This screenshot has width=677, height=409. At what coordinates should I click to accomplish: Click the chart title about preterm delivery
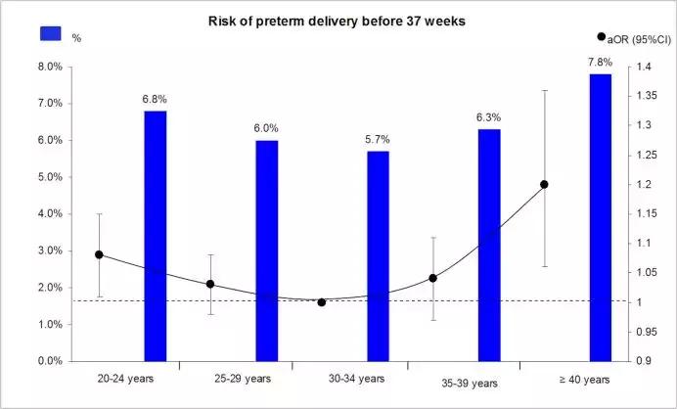(x=338, y=22)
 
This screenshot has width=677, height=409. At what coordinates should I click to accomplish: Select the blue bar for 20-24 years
(x=156, y=236)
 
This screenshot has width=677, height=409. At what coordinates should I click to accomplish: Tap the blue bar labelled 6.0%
(x=267, y=250)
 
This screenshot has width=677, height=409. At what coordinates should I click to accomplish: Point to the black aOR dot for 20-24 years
(x=100, y=254)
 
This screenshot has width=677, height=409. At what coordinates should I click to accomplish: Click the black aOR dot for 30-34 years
(x=322, y=302)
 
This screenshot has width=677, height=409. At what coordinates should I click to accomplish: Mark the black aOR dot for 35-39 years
(x=433, y=278)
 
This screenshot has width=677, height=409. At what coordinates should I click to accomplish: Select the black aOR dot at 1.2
(x=545, y=184)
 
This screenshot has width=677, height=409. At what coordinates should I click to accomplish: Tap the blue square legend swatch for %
(x=51, y=33)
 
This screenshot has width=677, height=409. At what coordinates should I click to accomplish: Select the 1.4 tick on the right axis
(x=644, y=67)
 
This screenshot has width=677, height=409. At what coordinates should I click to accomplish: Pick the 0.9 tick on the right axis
(x=644, y=361)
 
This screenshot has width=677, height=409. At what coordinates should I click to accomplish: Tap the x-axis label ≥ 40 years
(x=584, y=379)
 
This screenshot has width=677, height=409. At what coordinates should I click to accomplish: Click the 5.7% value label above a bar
(x=378, y=140)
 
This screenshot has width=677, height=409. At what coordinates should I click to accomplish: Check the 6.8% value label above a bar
(x=156, y=99)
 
